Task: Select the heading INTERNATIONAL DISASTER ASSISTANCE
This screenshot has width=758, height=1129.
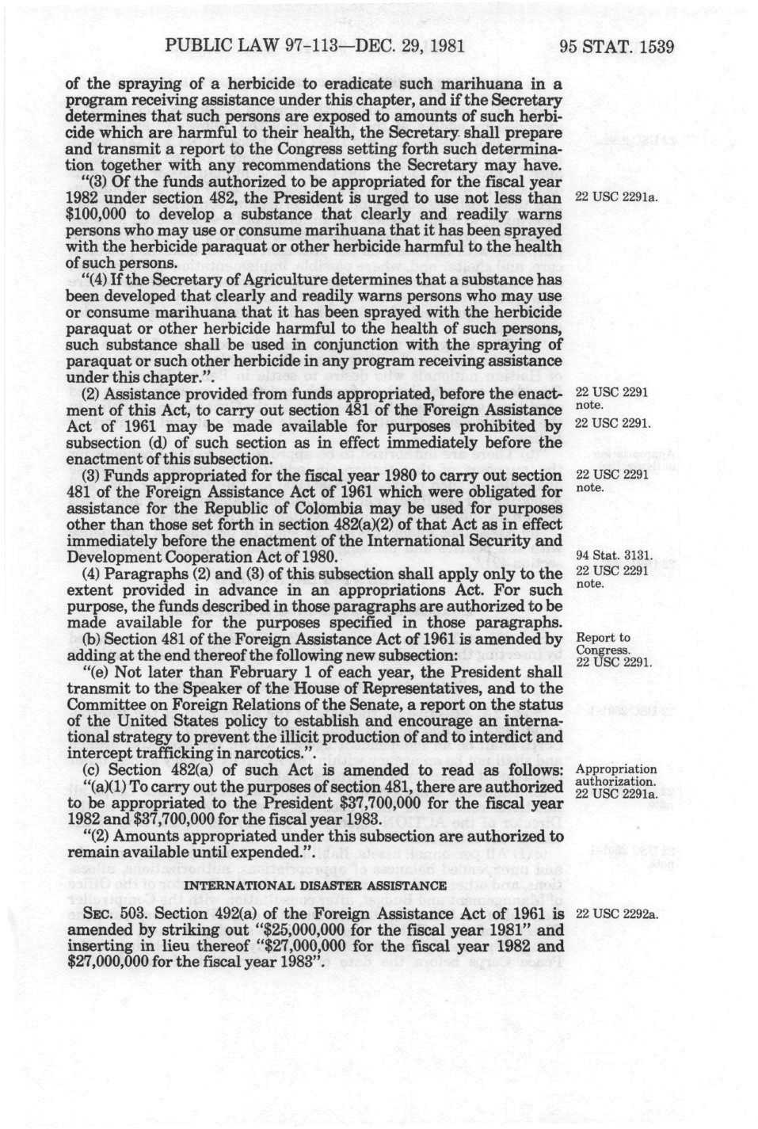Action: [x=315, y=885]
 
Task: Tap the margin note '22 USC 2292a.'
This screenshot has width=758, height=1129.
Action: [x=617, y=914]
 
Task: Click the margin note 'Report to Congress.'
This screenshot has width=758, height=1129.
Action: [x=604, y=644]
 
